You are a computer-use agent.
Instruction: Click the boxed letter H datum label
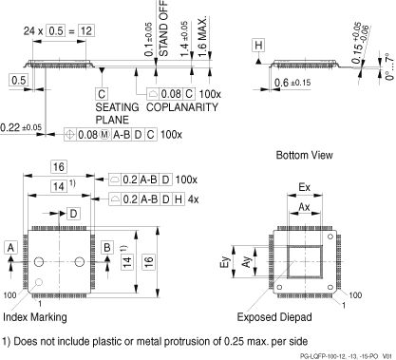click(x=259, y=45)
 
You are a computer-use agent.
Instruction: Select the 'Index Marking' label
click(x=34, y=316)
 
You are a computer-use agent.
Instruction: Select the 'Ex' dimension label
click(x=303, y=186)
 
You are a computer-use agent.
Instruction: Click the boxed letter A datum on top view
click(x=9, y=248)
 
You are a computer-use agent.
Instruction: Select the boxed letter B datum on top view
click(x=107, y=248)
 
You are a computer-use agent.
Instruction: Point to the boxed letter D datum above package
click(x=74, y=215)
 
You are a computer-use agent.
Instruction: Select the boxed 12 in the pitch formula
click(x=85, y=30)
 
